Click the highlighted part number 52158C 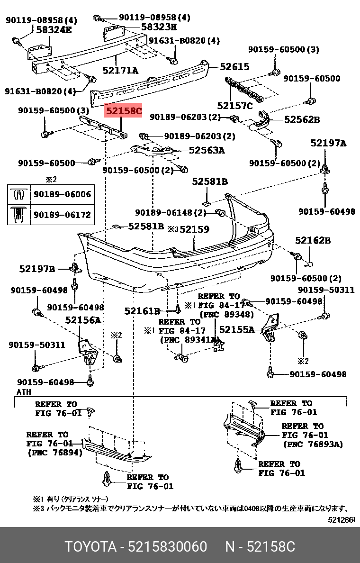123,111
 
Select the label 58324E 54,30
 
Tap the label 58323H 159,27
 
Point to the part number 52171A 120,71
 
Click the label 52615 234,67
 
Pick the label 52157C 235,105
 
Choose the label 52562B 302,120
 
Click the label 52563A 207,151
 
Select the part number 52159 194,229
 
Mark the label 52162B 313,241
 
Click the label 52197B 37,269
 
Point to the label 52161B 142,311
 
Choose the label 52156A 83,320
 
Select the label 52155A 236,329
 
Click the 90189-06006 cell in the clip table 62,194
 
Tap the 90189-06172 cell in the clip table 62,214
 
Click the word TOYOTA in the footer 90,547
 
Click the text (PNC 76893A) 313,444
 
